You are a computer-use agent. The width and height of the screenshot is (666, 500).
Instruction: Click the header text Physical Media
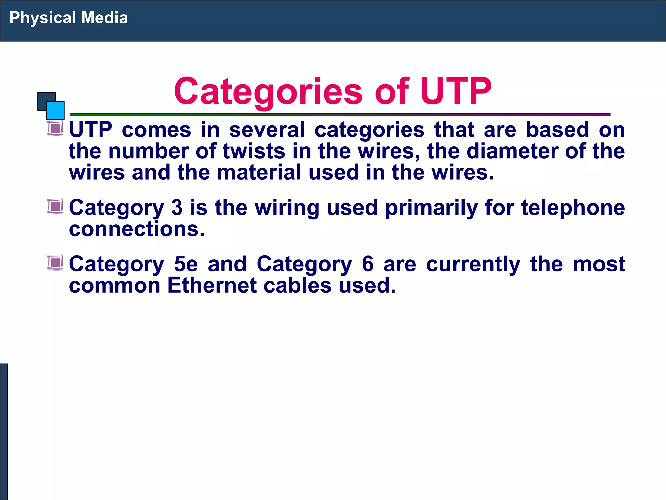click(68, 18)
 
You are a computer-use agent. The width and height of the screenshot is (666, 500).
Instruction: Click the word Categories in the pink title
click(268, 91)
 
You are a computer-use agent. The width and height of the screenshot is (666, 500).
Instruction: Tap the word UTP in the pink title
click(456, 91)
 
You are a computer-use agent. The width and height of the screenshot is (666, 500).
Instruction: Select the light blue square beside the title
click(56, 111)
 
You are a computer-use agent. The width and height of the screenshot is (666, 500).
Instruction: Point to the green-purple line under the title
click(340, 115)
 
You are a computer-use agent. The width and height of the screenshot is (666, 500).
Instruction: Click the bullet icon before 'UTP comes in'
click(55, 128)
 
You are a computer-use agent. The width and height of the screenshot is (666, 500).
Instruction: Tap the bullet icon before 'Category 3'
click(55, 206)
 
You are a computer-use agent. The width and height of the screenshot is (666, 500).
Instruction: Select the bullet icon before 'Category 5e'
click(55, 263)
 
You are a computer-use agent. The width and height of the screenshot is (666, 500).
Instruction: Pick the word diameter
click(512, 151)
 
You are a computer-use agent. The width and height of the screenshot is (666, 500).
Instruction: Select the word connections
click(137, 229)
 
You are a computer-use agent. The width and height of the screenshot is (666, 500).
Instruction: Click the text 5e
click(186, 264)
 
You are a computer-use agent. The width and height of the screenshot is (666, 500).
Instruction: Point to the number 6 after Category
click(367, 264)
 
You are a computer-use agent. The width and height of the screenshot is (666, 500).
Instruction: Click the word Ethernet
click(212, 285)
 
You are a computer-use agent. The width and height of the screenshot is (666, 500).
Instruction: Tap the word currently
click(473, 264)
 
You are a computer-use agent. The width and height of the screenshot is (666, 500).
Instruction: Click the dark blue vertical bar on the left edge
click(4, 431)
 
